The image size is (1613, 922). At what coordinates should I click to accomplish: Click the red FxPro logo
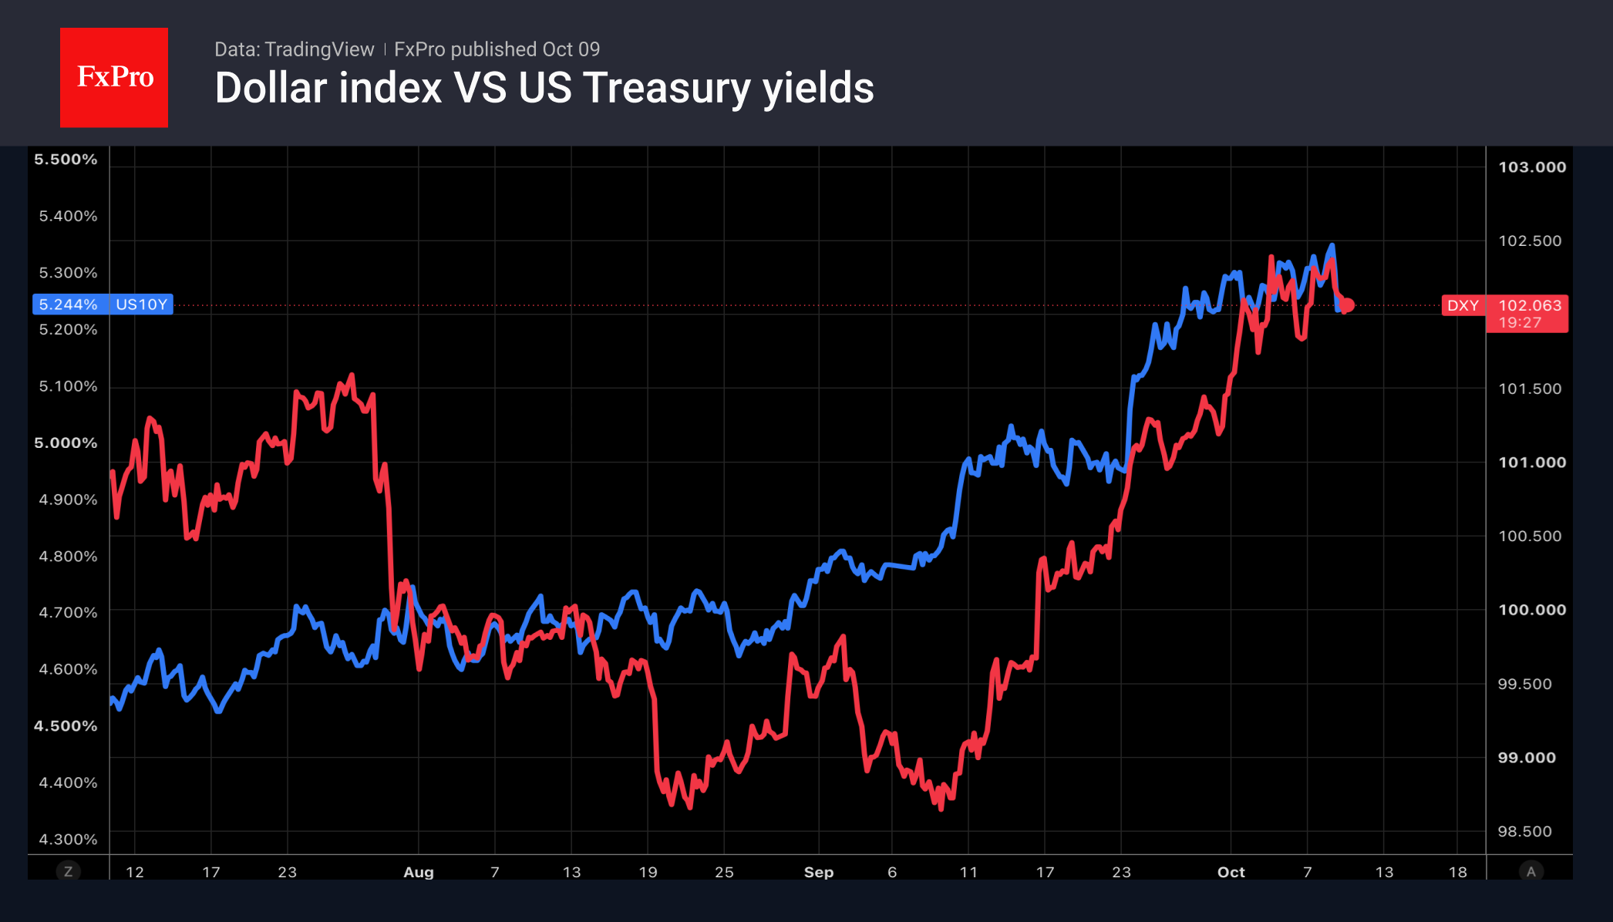tap(114, 77)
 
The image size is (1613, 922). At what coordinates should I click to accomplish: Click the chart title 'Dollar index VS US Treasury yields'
tap(544, 88)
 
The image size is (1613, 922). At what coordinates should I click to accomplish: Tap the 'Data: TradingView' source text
tap(294, 49)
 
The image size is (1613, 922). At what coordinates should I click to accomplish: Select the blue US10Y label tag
tap(142, 305)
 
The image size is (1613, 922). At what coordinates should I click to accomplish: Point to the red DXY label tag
tap(1463, 305)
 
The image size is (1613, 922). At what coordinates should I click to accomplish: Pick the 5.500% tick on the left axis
tap(66, 160)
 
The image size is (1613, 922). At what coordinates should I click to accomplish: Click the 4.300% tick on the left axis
tap(68, 839)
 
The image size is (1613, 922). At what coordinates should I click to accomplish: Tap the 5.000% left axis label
tap(66, 442)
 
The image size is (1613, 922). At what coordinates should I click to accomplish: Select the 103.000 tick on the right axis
tap(1532, 167)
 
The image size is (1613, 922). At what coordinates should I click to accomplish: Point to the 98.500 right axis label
tap(1524, 831)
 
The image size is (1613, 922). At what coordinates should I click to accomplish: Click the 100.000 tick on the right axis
tap(1532, 610)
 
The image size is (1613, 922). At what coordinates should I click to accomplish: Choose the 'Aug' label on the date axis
tap(419, 872)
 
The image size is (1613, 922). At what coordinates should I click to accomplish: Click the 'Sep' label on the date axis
tap(819, 872)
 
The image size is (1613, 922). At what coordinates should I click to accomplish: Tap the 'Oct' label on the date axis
tap(1231, 872)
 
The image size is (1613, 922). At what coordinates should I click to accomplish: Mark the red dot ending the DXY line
tap(1347, 305)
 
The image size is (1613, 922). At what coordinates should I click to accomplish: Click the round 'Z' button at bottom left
tap(68, 872)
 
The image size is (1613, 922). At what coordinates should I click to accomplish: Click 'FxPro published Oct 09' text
tap(497, 49)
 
